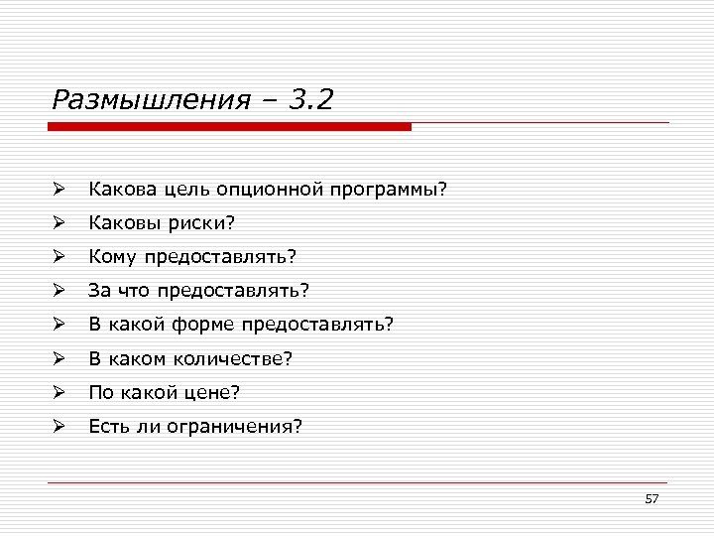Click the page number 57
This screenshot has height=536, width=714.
pyautogui.click(x=652, y=498)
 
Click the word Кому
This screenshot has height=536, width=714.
pyautogui.click(x=113, y=257)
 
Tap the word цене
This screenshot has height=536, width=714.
pyautogui.click(x=209, y=393)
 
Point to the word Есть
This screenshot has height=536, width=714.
pyautogui.click(x=106, y=427)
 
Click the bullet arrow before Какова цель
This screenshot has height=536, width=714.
pyautogui.click(x=59, y=189)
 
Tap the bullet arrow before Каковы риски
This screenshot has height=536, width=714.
pyautogui.click(x=59, y=222)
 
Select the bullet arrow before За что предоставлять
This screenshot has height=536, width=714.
pyautogui.click(x=59, y=291)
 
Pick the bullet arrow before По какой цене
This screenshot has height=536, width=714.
pyautogui.click(x=59, y=393)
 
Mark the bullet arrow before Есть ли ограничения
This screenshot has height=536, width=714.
pyautogui.click(x=59, y=427)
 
